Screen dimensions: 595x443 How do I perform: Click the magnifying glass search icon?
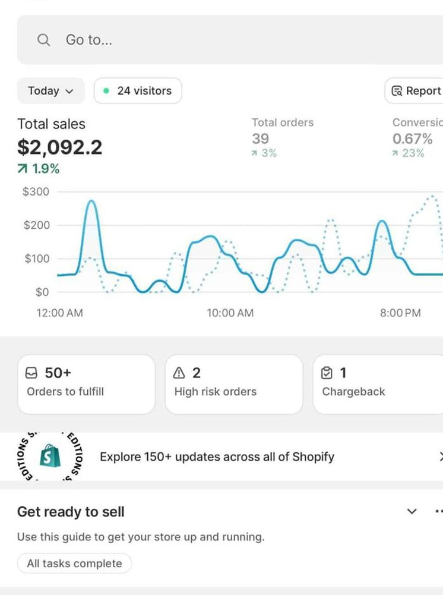tap(43, 40)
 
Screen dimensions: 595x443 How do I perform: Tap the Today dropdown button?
tap(50, 91)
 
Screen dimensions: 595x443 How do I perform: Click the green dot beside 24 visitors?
tap(106, 91)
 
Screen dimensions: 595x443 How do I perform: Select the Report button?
tap(416, 91)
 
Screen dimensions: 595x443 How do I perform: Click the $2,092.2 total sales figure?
tap(59, 147)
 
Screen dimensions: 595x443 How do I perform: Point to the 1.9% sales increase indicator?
tap(39, 169)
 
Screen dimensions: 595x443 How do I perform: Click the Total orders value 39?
tap(260, 139)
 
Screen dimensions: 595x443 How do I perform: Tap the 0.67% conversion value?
tap(412, 139)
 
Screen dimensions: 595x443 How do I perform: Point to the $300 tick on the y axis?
tap(36, 192)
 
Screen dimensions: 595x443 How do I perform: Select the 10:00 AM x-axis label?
tap(230, 313)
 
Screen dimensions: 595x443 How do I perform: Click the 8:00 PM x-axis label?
tap(400, 313)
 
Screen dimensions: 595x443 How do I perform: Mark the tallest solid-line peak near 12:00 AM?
tap(91, 202)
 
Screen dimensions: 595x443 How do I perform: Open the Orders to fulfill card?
tap(86, 383)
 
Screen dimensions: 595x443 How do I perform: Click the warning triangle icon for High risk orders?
tap(178, 373)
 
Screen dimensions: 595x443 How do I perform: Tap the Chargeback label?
tap(353, 392)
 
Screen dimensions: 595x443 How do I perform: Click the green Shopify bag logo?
tap(50, 457)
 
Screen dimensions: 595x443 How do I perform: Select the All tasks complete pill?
tap(74, 563)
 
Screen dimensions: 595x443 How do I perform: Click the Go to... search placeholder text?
tap(89, 40)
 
